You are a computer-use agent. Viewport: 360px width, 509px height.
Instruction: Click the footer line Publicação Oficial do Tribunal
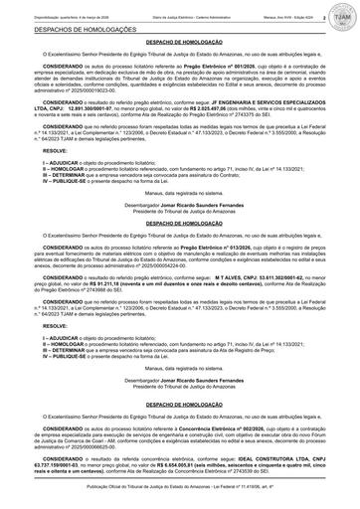click(180, 503)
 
